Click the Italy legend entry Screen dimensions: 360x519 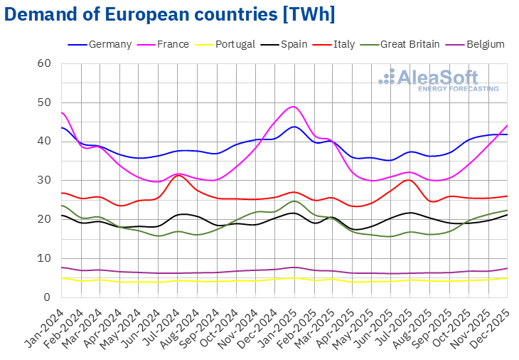click(341, 44)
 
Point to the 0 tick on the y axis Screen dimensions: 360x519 click(47, 297)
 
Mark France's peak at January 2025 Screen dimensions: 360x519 click(293, 107)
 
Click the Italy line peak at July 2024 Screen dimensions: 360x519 click(180, 175)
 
